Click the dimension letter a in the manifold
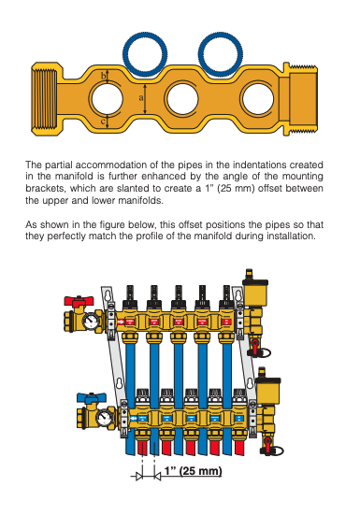click(141, 98)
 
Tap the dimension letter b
click(103, 77)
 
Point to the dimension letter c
click(103, 122)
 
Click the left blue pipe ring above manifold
click(147, 53)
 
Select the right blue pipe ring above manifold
click(221, 53)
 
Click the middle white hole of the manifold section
click(182, 99)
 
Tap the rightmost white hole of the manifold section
click(258, 99)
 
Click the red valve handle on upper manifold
click(79, 301)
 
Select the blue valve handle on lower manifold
click(92, 398)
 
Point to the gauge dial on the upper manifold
click(91, 322)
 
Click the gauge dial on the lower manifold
click(105, 417)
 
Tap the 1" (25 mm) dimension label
click(194, 471)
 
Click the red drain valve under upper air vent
click(255, 347)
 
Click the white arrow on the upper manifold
click(122, 322)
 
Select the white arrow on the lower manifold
click(134, 419)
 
